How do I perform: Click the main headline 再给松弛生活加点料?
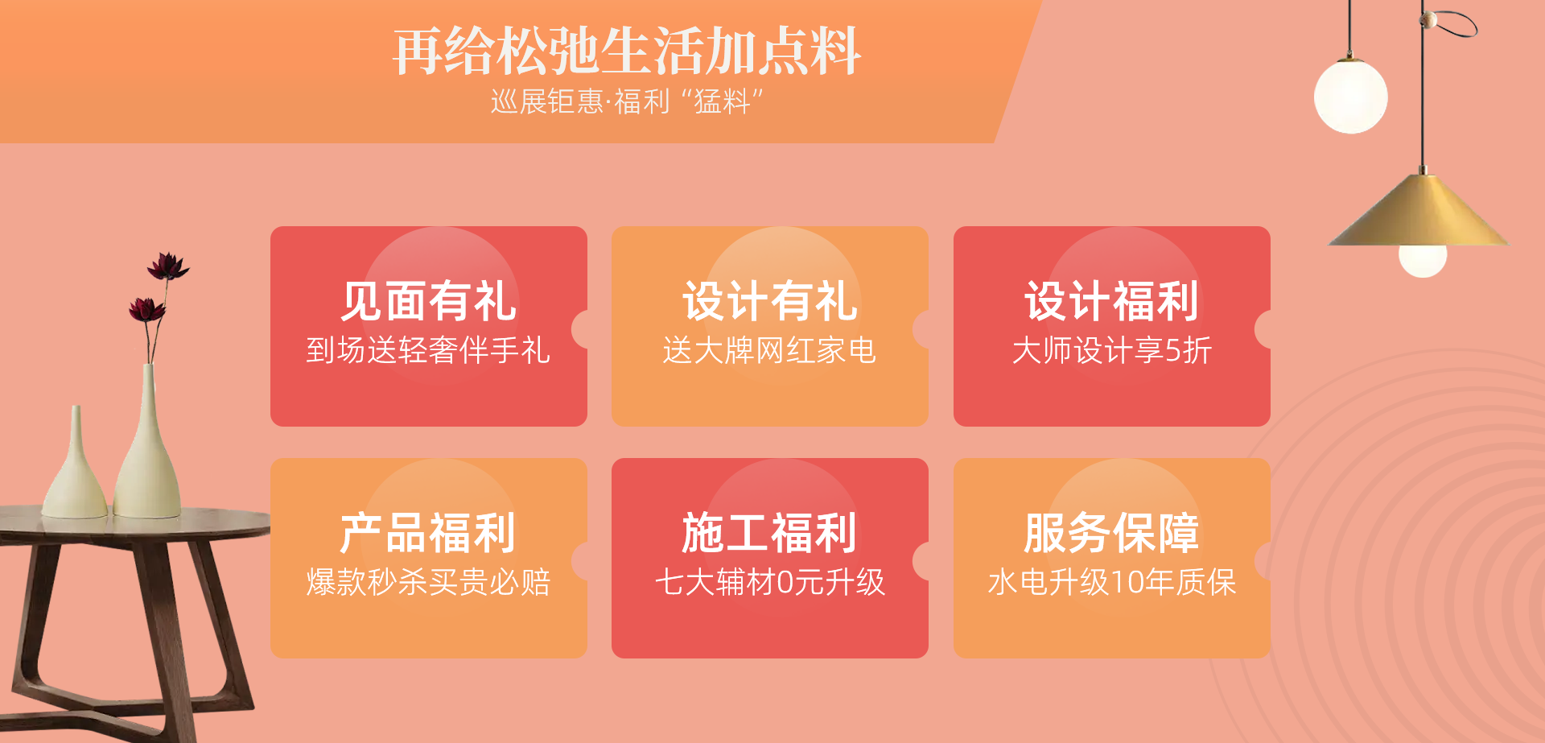pos(627,52)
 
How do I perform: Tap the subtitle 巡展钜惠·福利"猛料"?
pos(627,102)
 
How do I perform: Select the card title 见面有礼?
pos(429,301)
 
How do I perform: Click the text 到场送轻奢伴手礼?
pos(429,350)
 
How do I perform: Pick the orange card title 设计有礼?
pos(770,301)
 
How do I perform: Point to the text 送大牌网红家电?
pos(770,350)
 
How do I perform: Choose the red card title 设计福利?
pos(1112,301)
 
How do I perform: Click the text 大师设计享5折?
pos(1112,350)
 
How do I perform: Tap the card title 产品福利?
pos(429,533)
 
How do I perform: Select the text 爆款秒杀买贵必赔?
pos(429,582)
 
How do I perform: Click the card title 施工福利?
pos(770,533)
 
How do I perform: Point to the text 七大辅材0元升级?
pos(770,582)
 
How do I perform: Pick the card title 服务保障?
pos(1112,533)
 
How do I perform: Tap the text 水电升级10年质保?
pos(1112,582)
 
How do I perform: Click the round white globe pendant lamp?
pos(1351,97)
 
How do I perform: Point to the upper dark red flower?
pos(167,266)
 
